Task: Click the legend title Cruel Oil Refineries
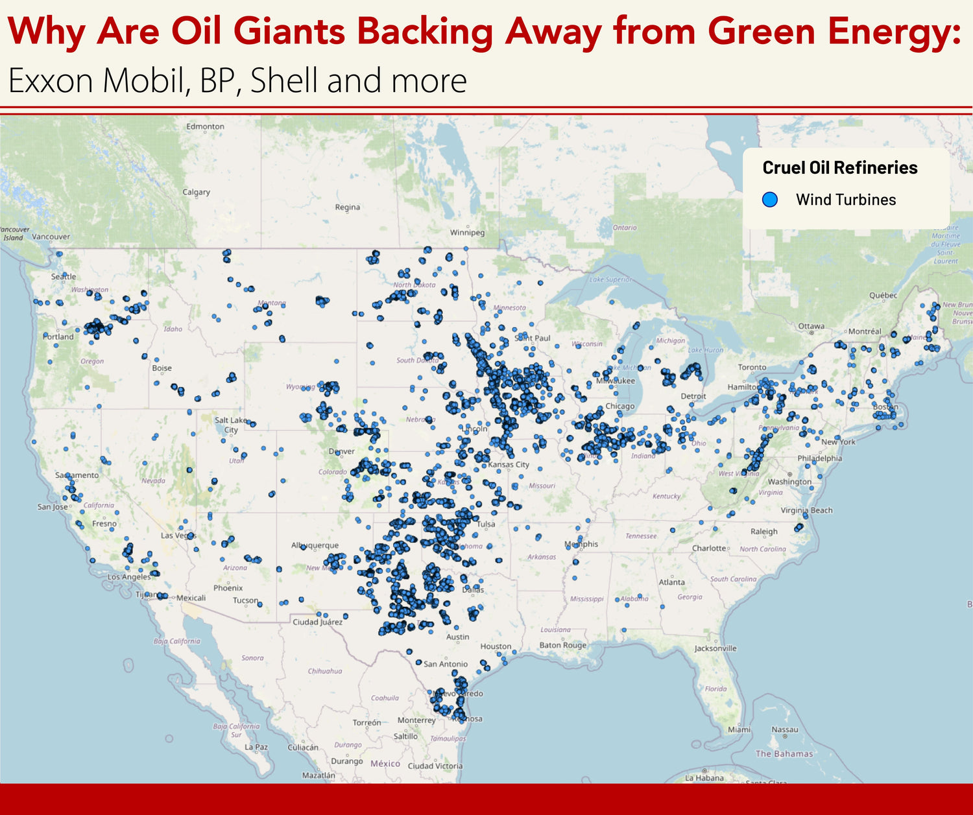tap(839, 168)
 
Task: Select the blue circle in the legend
tap(770, 200)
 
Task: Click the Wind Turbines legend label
tap(845, 200)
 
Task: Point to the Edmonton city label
tap(205, 126)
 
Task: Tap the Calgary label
tap(196, 192)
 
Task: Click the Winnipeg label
tap(467, 232)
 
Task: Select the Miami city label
tap(739, 729)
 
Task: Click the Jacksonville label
tap(715, 648)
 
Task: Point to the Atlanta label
tap(671, 582)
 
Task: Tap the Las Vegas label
tap(178, 536)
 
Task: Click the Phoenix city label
tap(228, 588)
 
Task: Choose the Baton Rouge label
tap(562, 645)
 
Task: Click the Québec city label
tap(883, 295)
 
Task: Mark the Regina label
tap(347, 207)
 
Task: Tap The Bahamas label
tap(784, 753)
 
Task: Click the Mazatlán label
tap(318, 775)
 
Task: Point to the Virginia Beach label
tap(806, 510)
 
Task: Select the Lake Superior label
tap(610, 279)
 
